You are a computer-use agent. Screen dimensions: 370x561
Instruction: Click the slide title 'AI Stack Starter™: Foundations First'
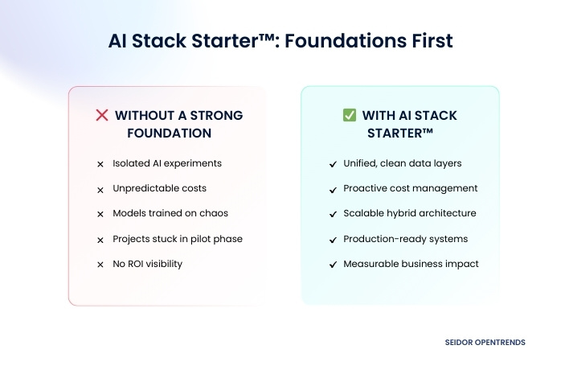coord(280,41)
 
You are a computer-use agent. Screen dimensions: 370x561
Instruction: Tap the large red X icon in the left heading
coord(102,115)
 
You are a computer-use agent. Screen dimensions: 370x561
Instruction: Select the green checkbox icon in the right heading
coord(350,115)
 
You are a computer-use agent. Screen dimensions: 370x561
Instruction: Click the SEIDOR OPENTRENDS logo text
coord(485,342)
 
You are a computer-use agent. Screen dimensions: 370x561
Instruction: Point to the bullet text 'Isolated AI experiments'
coord(167,163)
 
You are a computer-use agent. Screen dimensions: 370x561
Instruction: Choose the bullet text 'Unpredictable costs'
coord(159,188)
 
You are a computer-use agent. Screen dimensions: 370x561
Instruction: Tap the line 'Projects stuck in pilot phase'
coord(178,239)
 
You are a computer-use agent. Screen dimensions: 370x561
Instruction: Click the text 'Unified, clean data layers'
coord(403,163)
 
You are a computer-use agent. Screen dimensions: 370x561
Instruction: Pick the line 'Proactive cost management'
coord(411,188)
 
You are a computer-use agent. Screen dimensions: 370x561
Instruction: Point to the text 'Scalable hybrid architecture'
coord(410,213)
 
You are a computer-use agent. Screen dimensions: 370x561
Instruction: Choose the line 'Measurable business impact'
coord(411,264)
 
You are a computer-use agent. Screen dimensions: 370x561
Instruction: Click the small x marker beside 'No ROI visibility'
coord(100,265)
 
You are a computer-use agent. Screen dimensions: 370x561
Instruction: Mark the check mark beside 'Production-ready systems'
coord(333,240)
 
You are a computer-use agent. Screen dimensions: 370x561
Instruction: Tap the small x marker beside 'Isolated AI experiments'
coord(100,164)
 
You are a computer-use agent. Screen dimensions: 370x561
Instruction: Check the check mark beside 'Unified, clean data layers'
coord(333,164)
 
